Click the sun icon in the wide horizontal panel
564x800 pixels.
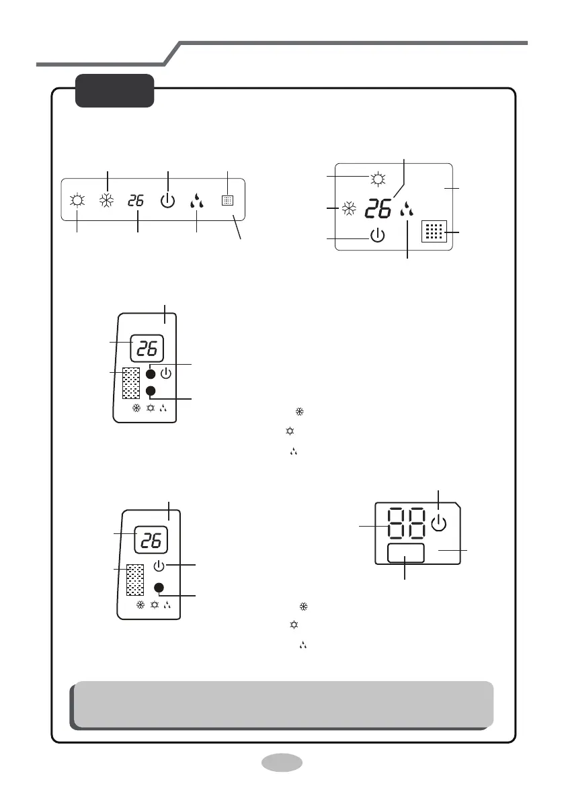point(77,200)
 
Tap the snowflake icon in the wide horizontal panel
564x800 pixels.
point(106,201)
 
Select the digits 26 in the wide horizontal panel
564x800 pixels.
point(136,201)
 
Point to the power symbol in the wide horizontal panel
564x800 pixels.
point(167,201)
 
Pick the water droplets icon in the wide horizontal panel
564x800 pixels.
point(196,201)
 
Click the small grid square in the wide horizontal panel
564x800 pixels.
point(228,201)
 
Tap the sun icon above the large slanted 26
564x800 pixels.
point(378,179)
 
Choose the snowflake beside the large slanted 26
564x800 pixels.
point(349,209)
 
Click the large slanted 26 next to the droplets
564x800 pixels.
point(378,209)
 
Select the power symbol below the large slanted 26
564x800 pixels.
point(377,235)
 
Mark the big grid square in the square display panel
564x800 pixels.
point(434,231)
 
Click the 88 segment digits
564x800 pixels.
point(407,523)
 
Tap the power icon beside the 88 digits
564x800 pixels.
point(439,523)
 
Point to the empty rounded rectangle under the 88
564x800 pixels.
point(406,553)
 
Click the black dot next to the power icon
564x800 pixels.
point(151,374)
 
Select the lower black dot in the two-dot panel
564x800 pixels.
point(151,391)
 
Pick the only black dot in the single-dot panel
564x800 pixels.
point(159,588)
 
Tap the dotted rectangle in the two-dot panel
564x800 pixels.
point(131,383)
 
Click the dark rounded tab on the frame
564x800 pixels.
point(115,91)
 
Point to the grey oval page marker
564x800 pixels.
point(282,763)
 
